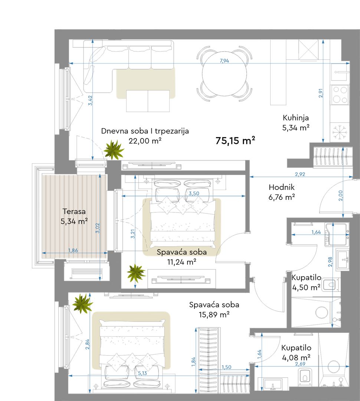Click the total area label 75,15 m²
pos(235,141)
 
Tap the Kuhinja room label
pos(295,118)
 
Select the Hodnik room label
pos(282,187)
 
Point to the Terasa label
pos(74,212)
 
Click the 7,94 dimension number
pos(224,61)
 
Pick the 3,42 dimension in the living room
pos(90,101)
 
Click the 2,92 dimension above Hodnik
pos(300,175)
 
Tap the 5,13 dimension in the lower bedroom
pos(143,373)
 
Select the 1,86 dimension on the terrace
pos(73,250)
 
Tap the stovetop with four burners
pos(340,95)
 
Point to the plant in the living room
pos(114,150)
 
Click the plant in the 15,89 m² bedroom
pos(82,304)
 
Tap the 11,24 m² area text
pos(181,262)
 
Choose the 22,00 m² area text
pos(145,141)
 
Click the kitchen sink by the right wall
pos(340,72)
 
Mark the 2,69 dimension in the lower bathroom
pos(300,364)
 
